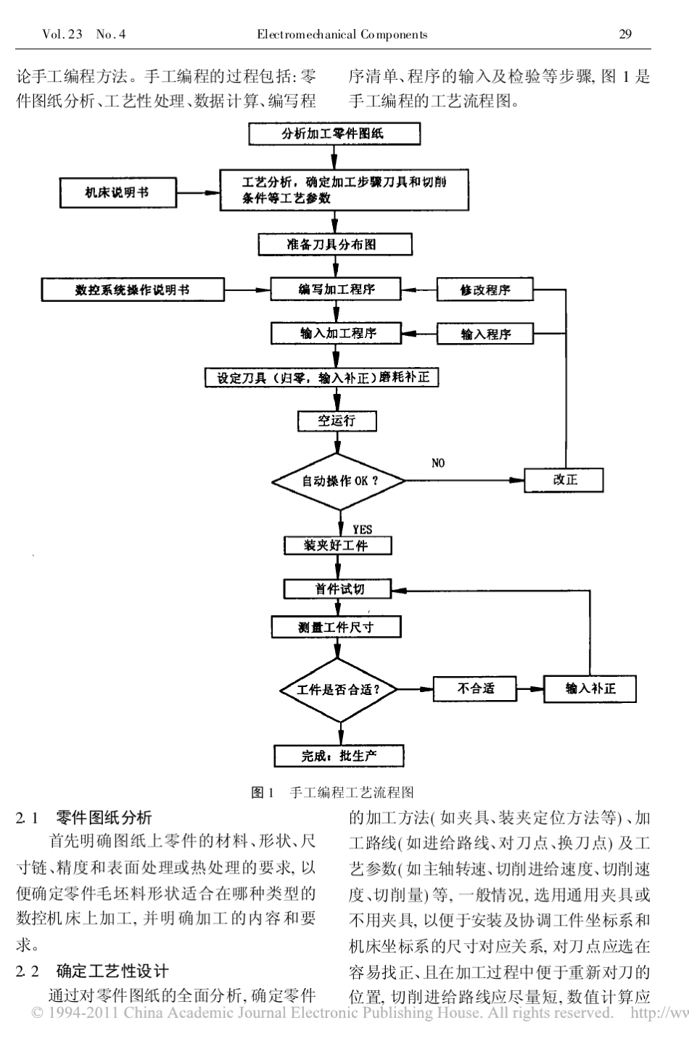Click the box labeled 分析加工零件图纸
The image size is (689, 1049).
pos(334,133)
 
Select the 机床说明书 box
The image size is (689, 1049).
pos(117,193)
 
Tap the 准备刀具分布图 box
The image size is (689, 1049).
pos(334,244)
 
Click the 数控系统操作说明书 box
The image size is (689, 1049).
pos(133,290)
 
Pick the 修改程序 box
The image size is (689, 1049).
pos(484,290)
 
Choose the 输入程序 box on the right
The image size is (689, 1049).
pos(484,334)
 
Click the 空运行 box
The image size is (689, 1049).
pos(337,421)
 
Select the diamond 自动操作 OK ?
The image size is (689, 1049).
pos(338,481)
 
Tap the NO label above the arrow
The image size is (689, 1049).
pos(438,463)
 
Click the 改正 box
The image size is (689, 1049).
pos(564,480)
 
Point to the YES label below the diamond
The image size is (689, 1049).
pos(361,530)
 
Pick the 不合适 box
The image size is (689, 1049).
pos(475,688)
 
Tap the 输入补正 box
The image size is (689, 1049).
pos(590,688)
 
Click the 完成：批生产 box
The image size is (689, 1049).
pos(339,756)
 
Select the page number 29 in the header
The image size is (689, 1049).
pos(626,34)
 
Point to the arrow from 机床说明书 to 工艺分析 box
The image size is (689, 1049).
pos(198,193)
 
